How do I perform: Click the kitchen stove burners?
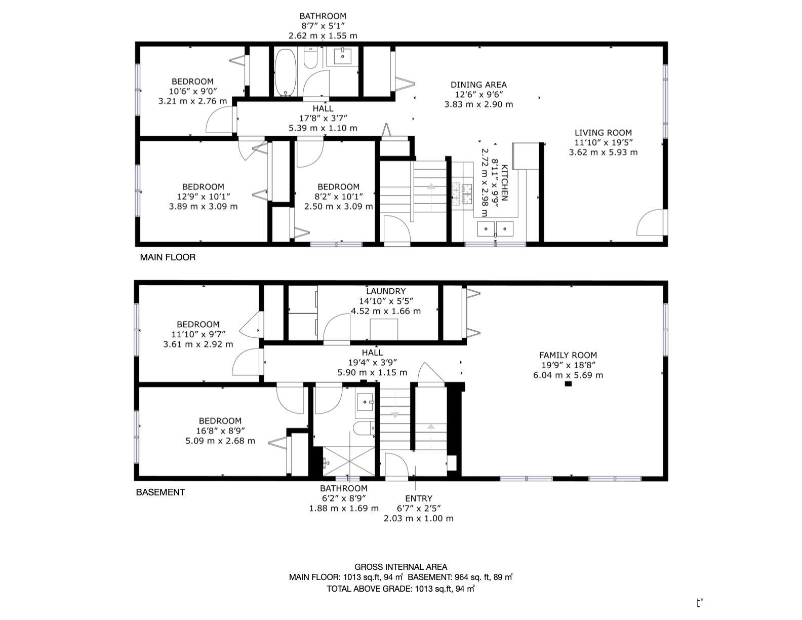(x=462, y=193)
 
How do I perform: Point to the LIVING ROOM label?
(x=603, y=133)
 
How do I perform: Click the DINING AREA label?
(x=478, y=85)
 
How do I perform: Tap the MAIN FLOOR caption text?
(x=168, y=257)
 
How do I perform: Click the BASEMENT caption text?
(x=161, y=492)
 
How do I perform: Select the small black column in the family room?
(x=568, y=384)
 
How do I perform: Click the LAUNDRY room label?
(x=386, y=291)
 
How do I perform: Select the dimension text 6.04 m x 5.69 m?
(x=568, y=375)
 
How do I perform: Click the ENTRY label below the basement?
(x=419, y=498)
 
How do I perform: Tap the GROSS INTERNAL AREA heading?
(x=400, y=567)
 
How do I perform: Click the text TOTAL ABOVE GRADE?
(x=370, y=589)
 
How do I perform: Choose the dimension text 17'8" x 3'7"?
(x=323, y=118)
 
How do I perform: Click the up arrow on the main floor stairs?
(x=431, y=186)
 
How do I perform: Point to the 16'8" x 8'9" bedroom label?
(x=220, y=431)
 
